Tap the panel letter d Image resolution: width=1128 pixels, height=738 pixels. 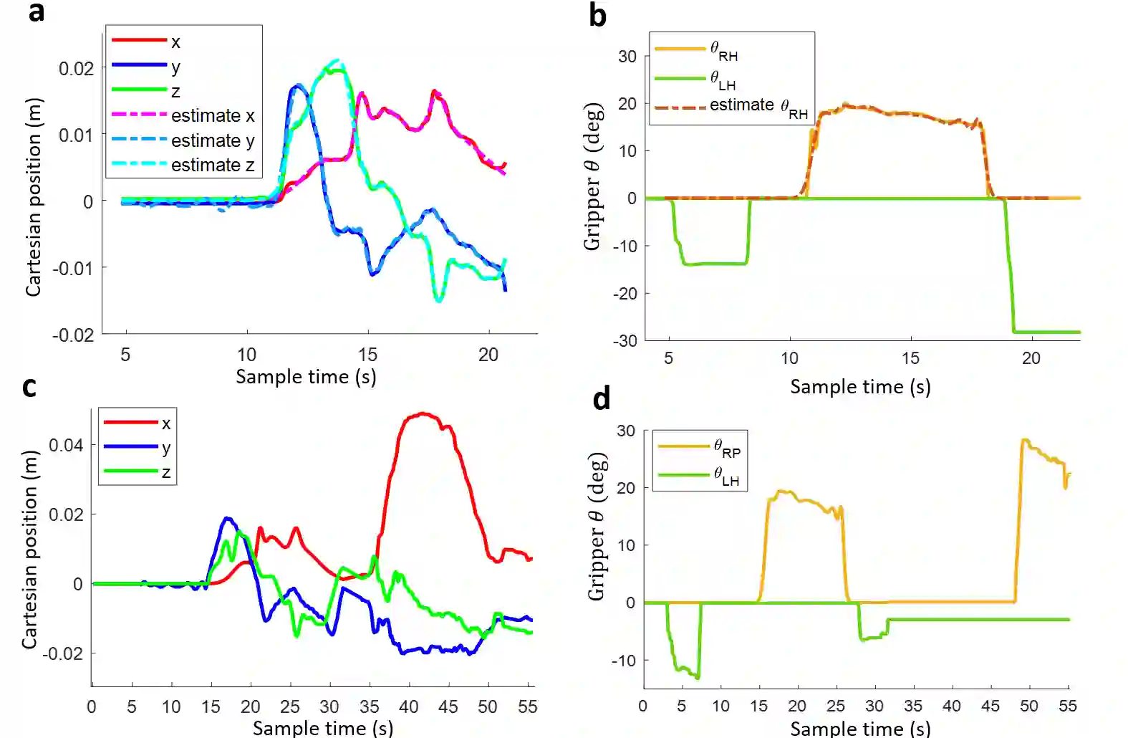602,398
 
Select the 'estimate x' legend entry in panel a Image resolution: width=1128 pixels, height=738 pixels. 183,116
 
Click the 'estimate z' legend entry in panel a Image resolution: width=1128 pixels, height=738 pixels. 183,166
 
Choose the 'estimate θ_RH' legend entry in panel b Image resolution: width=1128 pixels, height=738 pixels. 731,107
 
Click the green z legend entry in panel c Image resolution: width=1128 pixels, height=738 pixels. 138,472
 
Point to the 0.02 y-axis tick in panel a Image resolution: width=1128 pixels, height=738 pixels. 76,69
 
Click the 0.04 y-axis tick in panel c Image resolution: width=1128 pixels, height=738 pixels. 66,446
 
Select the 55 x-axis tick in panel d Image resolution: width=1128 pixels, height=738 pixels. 1067,706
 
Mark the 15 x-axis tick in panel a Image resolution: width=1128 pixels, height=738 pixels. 367,355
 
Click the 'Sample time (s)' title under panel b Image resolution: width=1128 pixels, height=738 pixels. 860,387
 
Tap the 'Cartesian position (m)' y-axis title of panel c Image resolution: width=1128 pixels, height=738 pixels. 29,550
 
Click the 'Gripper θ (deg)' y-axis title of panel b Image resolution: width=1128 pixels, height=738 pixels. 592,176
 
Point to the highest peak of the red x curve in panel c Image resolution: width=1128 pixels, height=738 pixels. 423,413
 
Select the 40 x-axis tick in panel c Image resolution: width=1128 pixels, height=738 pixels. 408,707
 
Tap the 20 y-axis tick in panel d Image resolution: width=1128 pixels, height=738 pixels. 625,488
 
